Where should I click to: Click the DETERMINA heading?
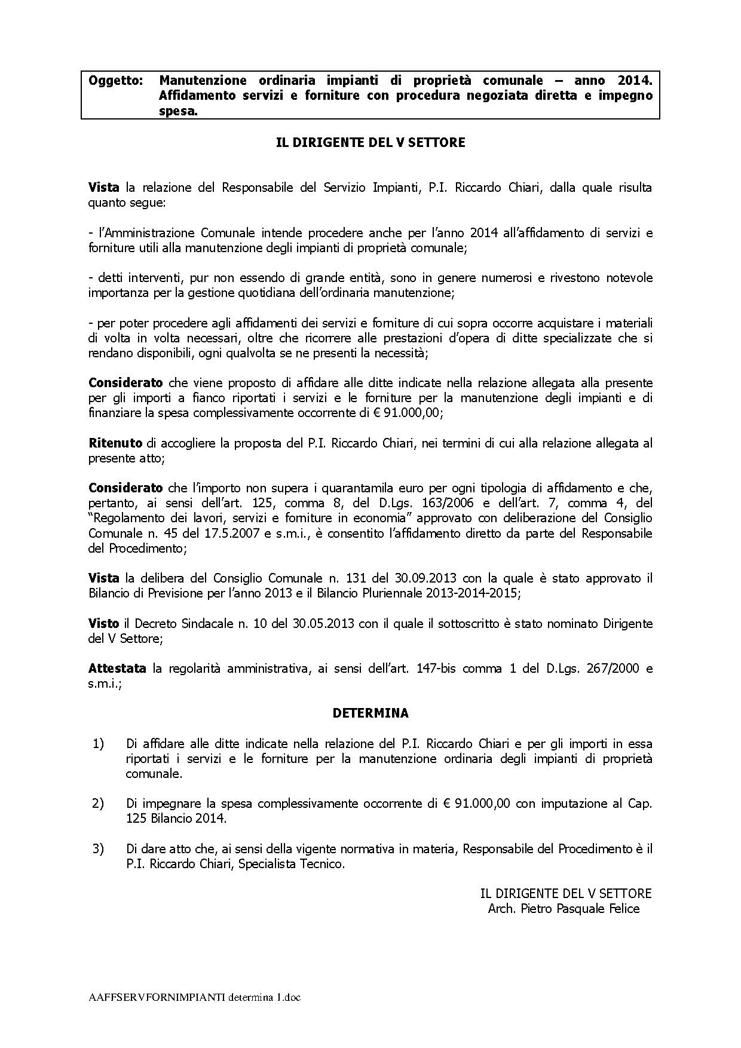[x=370, y=713]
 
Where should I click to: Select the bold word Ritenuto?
[x=115, y=443]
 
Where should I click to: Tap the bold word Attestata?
[x=117, y=668]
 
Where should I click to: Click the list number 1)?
[x=98, y=744]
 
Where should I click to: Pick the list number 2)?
[x=98, y=804]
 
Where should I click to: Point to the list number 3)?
[x=98, y=849]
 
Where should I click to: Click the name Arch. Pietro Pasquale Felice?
[x=564, y=909]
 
